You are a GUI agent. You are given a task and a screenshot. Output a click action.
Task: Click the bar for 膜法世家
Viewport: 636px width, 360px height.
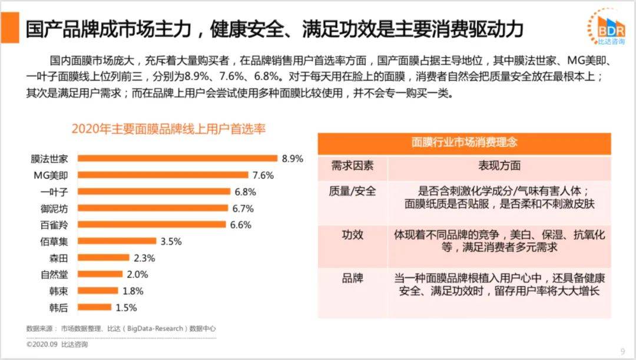177,158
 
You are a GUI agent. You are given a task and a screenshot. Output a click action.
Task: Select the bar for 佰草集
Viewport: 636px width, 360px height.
117,241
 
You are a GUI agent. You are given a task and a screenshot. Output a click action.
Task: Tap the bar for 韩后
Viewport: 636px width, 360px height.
95,307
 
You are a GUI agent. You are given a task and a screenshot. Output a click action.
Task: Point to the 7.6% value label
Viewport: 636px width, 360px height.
263,175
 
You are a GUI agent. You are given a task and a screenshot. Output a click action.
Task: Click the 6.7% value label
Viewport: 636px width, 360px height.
243,208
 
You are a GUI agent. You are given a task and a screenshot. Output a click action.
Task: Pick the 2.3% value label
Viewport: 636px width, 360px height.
144,257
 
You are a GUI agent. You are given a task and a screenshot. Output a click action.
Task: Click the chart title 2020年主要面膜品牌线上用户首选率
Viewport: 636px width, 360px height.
168,128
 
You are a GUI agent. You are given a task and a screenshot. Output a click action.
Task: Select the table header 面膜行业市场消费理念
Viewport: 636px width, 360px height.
464,143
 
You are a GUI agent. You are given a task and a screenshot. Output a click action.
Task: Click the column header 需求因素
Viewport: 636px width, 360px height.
352,166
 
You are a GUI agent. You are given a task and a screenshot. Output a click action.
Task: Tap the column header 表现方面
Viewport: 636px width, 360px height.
499,166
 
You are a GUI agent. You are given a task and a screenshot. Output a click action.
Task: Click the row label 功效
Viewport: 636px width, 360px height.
352,235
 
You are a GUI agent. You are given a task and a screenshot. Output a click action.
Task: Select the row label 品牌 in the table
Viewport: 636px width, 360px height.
352,278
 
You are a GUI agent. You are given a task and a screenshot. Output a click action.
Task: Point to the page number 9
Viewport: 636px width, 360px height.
622,352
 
